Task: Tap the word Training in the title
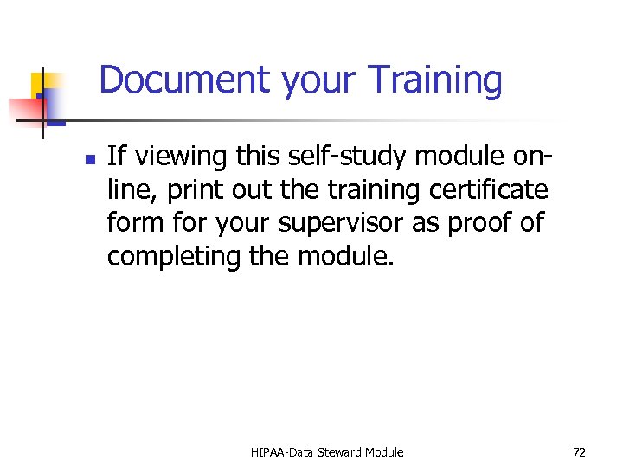[434, 80]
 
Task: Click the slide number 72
[579, 451]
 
